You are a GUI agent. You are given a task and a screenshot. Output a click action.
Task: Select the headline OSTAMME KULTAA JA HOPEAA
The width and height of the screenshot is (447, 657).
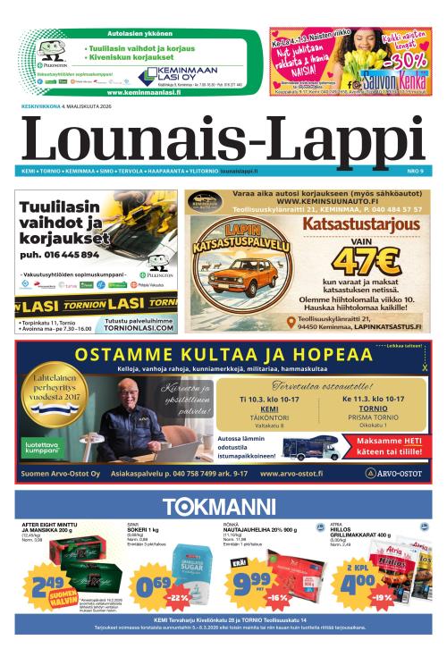click(223, 354)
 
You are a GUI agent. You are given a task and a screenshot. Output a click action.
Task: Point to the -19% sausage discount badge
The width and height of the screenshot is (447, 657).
click(384, 596)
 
